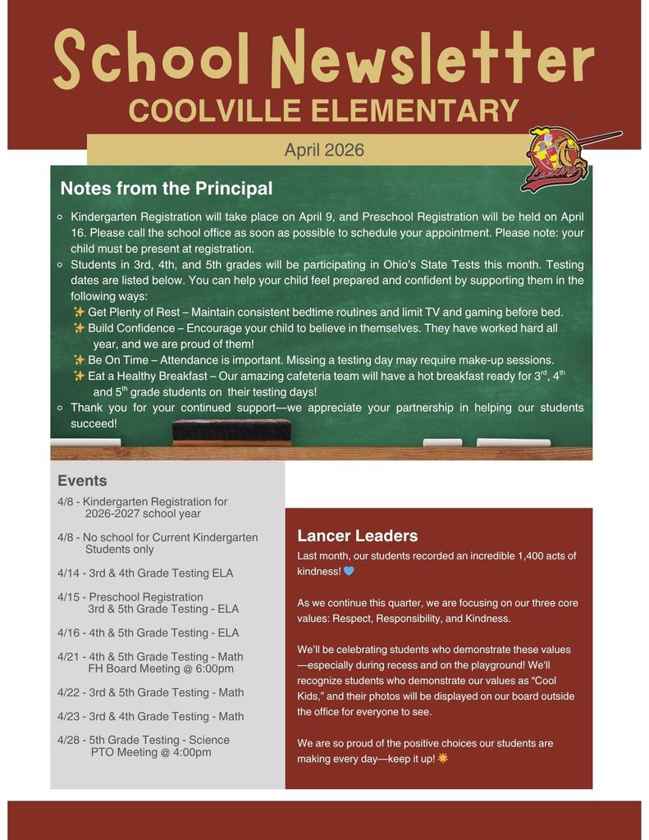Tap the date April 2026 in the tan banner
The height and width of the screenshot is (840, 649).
click(x=324, y=150)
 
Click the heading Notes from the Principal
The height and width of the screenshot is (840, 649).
click(x=166, y=189)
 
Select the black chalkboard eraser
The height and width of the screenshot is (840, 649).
click(x=231, y=431)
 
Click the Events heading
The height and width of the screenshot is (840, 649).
click(x=82, y=481)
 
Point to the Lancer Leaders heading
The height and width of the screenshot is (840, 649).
click(x=357, y=536)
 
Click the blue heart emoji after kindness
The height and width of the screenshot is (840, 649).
click(x=349, y=571)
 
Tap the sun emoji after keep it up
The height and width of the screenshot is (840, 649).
click(x=443, y=759)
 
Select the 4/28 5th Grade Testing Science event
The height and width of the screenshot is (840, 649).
click(x=144, y=740)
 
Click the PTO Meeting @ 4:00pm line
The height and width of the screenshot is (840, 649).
click(x=151, y=752)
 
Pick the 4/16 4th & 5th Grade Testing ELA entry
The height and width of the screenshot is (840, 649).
click(x=149, y=632)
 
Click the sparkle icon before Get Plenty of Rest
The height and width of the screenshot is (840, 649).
click(x=79, y=312)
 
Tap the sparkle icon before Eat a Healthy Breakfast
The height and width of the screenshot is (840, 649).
click(x=79, y=376)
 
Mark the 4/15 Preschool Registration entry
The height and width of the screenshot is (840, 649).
click(x=130, y=597)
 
